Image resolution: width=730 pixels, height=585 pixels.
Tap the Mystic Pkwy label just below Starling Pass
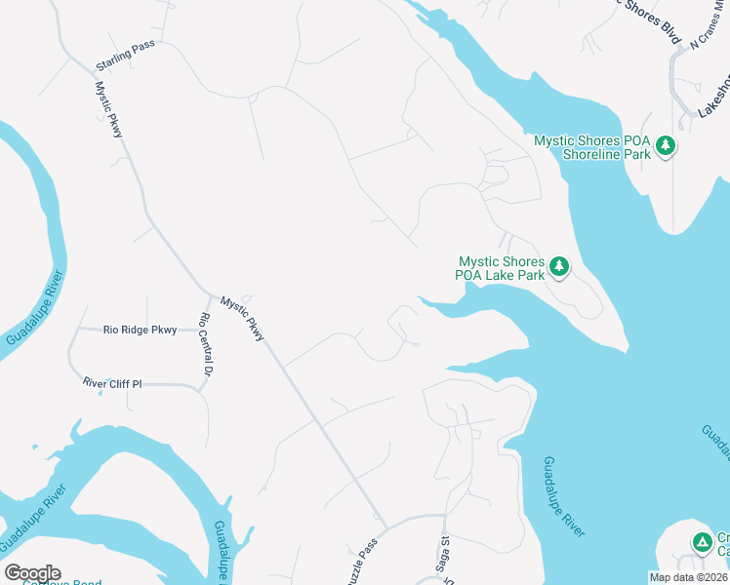(x=108, y=108)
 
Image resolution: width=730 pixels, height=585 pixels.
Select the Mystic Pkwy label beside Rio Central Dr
(x=242, y=319)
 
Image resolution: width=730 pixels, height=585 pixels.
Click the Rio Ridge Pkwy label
(x=140, y=331)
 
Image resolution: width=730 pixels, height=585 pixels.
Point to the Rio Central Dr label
(x=206, y=344)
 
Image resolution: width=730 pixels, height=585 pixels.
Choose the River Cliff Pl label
(x=112, y=384)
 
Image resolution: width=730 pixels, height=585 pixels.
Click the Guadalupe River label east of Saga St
(x=564, y=496)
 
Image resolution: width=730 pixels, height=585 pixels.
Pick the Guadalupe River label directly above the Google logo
(x=34, y=517)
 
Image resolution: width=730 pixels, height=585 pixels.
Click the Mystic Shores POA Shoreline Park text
(x=592, y=147)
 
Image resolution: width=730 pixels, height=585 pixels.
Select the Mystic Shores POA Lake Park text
(x=501, y=268)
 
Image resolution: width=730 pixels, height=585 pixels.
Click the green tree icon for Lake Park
(x=559, y=266)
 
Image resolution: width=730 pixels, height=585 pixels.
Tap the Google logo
(x=32, y=573)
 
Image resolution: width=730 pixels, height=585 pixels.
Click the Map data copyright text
(x=688, y=577)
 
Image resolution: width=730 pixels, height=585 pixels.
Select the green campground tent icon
(x=702, y=542)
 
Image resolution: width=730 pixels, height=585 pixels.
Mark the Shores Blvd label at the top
(x=653, y=21)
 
